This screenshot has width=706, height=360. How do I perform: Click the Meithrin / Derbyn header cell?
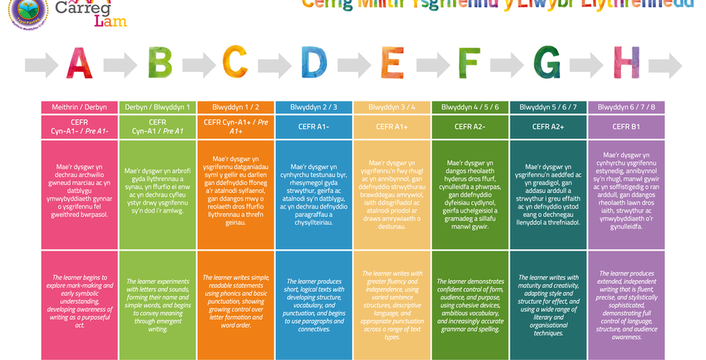[x=79, y=107]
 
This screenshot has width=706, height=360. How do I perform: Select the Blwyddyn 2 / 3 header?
[x=314, y=107]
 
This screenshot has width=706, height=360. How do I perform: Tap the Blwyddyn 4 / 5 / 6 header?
[x=470, y=107]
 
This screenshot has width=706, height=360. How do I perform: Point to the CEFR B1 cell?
[x=626, y=127]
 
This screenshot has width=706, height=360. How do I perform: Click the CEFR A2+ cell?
[x=548, y=127]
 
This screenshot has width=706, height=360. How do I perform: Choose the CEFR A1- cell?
[x=314, y=127]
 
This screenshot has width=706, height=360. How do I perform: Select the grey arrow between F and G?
[x=509, y=65]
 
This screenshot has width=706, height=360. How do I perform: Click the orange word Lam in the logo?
[x=110, y=20]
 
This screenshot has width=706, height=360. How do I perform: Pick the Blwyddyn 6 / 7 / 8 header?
[x=626, y=107]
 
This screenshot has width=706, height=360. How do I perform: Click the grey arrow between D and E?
[x=353, y=65]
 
